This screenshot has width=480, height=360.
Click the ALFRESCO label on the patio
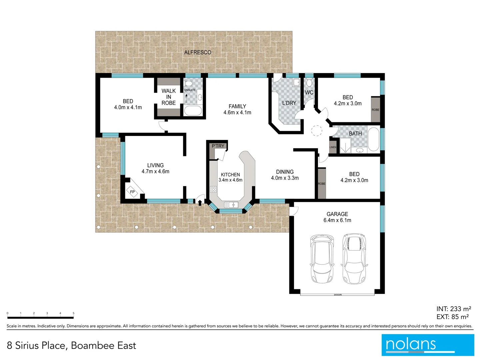click(198, 52)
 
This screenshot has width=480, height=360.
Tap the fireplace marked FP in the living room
click(132, 192)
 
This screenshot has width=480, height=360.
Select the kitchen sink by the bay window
click(231, 205)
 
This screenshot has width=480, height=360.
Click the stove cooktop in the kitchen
click(213, 189)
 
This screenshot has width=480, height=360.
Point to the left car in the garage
click(322, 259)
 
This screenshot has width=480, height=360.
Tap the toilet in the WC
click(309, 82)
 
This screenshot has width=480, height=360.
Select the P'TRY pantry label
click(218, 146)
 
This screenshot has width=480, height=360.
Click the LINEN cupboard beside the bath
click(333, 147)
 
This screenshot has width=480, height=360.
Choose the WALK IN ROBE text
click(169, 97)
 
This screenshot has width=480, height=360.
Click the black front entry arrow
click(200, 202)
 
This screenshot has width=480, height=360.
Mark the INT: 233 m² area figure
click(453, 309)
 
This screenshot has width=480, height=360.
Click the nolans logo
click(428, 345)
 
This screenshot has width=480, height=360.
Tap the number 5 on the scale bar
click(73, 313)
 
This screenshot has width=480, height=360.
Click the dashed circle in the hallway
click(317, 131)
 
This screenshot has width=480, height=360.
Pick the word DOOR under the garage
click(338, 295)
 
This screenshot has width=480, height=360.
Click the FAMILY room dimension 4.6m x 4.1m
click(237, 113)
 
